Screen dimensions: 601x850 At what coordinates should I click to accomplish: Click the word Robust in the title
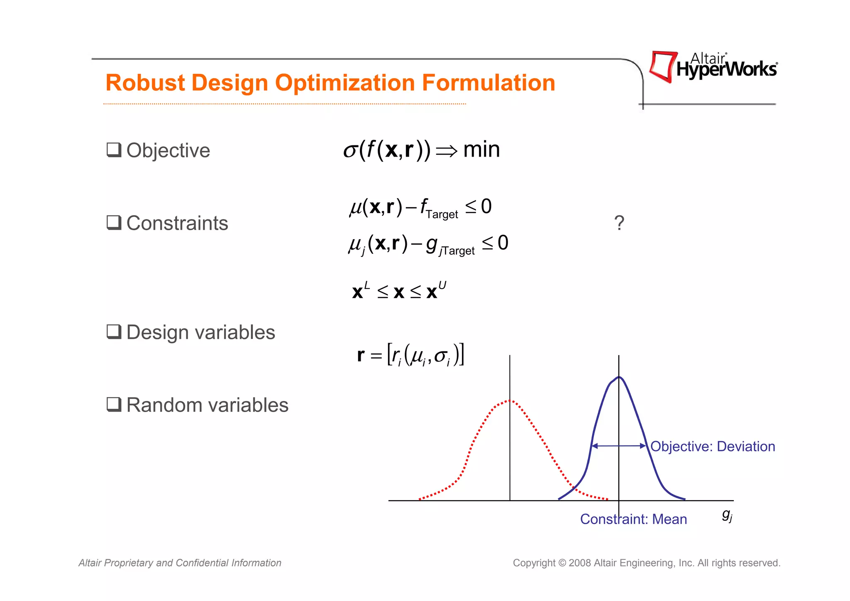[x=145, y=83]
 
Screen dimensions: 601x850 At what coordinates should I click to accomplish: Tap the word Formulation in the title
[x=489, y=83]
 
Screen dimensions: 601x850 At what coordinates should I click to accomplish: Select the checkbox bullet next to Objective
[x=114, y=150]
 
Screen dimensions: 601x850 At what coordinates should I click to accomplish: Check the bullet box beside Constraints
[x=114, y=223]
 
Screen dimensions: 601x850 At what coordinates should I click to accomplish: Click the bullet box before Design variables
[x=114, y=331]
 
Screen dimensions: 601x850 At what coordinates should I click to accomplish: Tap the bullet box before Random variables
[x=114, y=404]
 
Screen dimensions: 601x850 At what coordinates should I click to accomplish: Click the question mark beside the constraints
[x=619, y=223]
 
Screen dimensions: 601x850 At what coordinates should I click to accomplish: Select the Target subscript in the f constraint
[x=442, y=214]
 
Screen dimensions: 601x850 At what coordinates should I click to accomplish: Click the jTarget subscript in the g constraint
[x=457, y=251]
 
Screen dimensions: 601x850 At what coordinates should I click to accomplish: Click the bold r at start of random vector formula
[x=361, y=355]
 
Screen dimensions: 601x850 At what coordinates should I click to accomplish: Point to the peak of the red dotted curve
[x=510, y=400]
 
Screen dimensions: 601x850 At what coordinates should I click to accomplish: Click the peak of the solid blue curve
[x=619, y=377]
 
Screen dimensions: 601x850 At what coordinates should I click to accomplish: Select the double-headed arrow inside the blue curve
[x=618, y=446]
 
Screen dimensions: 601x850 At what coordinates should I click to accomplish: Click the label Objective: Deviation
[x=712, y=446]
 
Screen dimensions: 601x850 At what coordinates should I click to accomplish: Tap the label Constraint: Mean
[x=633, y=519]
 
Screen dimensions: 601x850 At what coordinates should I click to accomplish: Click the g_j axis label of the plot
[x=727, y=516]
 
